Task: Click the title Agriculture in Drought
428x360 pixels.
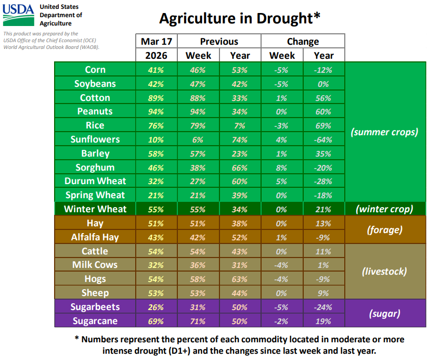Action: (x=239, y=18)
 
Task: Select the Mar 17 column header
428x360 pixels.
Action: (x=156, y=42)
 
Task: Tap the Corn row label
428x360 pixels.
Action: (x=95, y=70)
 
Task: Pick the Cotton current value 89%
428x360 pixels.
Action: (x=156, y=98)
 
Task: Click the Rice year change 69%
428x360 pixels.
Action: (x=323, y=125)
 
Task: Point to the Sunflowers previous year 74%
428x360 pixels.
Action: (x=240, y=139)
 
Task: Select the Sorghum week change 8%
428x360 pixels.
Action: (x=282, y=168)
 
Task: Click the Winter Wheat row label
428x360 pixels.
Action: (x=95, y=209)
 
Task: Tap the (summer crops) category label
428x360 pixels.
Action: (x=385, y=132)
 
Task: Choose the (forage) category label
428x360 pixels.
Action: (x=385, y=230)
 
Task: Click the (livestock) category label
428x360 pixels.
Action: (x=385, y=272)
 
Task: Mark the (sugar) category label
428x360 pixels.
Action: (x=385, y=314)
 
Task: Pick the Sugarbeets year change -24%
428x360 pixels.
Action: (x=323, y=307)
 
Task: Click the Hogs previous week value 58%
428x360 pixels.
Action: (x=198, y=279)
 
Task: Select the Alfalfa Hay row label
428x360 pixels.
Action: (x=95, y=237)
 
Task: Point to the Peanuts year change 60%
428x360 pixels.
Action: (x=323, y=111)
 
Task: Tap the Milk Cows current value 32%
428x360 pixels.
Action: (x=156, y=265)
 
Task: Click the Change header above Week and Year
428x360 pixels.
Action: (x=303, y=42)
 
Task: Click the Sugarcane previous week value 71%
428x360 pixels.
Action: (x=198, y=321)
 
